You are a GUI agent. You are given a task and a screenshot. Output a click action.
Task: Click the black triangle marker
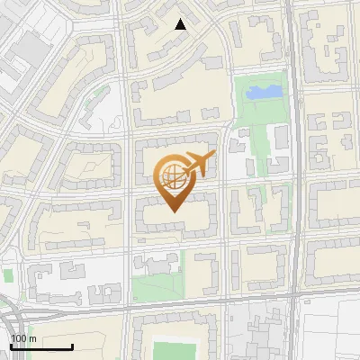tap(181, 24)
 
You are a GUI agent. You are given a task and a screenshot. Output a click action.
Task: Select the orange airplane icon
tap(198, 165)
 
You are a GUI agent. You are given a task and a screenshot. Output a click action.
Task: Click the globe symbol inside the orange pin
tap(174, 177)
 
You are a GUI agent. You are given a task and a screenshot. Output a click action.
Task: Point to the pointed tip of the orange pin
tap(175, 212)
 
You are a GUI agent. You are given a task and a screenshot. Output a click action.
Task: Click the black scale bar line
tap(41, 346)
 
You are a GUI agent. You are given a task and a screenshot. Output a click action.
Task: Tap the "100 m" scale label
tap(23, 338)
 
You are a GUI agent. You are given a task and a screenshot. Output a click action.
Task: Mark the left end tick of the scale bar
tap(11, 345)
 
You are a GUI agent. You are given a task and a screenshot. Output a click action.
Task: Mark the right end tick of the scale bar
tap(72, 345)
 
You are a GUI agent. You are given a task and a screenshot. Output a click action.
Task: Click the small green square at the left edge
tap(7, 275)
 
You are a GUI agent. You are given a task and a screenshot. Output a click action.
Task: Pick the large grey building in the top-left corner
tap(20, 54)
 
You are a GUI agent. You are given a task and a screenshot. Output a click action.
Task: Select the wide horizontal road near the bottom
tap(180, 306)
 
